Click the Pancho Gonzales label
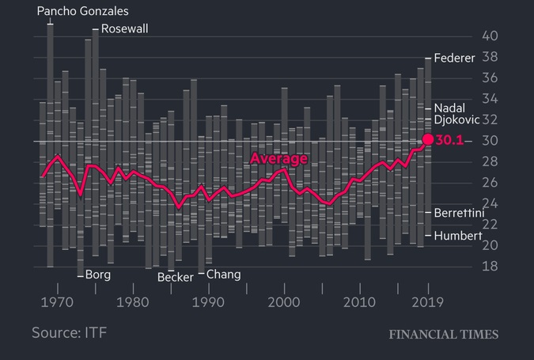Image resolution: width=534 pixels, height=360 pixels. click(x=83, y=11)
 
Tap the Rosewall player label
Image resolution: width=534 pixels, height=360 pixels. click(x=124, y=29)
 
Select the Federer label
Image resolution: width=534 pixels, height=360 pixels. click(x=455, y=59)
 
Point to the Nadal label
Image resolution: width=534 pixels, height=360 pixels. click(x=450, y=108)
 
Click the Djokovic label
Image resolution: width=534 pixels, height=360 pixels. click(x=457, y=120)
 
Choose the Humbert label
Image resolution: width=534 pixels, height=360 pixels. click(x=458, y=236)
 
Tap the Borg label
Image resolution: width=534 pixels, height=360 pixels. click(x=97, y=275)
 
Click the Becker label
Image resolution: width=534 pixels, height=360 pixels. click(x=175, y=277)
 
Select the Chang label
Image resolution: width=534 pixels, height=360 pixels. click(x=223, y=275)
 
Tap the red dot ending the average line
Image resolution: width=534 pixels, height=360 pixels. click(x=428, y=139)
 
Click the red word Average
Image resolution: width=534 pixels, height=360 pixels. click(x=278, y=159)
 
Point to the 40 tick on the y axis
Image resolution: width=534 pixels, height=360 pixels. click(x=490, y=36)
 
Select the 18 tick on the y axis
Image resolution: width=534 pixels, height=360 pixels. click(x=490, y=267)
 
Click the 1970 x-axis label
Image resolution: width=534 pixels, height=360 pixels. click(x=55, y=302)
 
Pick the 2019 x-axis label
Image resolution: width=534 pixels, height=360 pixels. click(x=428, y=302)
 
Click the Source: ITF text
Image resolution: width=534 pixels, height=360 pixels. click(x=69, y=332)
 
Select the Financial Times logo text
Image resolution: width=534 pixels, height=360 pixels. click(x=443, y=335)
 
